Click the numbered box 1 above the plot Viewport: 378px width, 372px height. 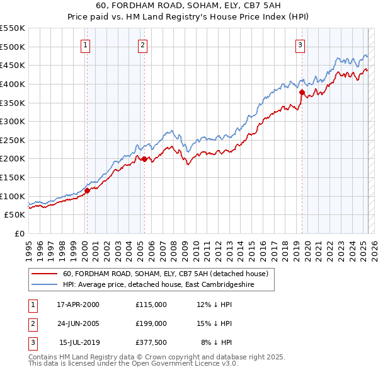click(85, 45)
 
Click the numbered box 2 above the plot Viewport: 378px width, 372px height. click(143, 45)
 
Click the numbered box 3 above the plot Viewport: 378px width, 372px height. click(301, 45)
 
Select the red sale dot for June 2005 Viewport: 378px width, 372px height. click(144, 159)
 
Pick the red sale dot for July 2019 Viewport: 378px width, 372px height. click(302, 92)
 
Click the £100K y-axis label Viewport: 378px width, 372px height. click(12, 196)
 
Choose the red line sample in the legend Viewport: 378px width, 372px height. click(44, 274)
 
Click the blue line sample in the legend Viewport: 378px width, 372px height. click(44, 284)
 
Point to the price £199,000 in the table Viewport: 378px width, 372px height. click(151, 323)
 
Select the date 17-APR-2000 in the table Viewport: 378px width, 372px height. click(78, 304)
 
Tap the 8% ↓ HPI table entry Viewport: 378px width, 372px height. click(217, 342)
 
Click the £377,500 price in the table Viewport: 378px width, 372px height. click(151, 342)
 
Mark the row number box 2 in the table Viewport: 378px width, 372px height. click(31, 323)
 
